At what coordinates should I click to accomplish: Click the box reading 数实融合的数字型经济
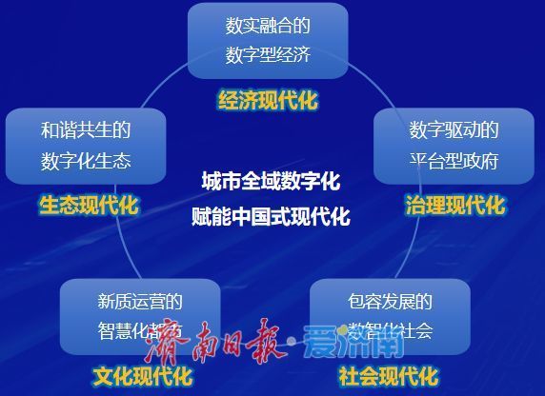pyautogui.click(x=268, y=40)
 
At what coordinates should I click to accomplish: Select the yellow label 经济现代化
pyautogui.click(x=268, y=100)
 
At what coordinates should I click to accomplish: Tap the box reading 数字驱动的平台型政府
pyautogui.click(x=454, y=146)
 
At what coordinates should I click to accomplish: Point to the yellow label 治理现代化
pyautogui.click(x=454, y=205)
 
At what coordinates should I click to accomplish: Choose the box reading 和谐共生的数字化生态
pyautogui.click(x=85, y=146)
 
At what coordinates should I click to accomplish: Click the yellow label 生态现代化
pyautogui.click(x=89, y=205)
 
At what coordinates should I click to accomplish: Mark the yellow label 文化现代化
pyautogui.click(x=142, y=376)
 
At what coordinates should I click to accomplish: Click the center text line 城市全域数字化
pyautogui.click(x=271, y=181)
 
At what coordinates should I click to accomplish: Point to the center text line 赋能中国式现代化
pyautogui.click(x=271, y=217)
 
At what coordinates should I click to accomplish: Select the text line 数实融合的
pyautogui.click(x=269, y=25)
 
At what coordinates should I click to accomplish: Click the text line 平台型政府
pyautogui.click(x=454, y=161)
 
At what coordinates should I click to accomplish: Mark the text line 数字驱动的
pyautogui.click(x=454, y=130)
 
